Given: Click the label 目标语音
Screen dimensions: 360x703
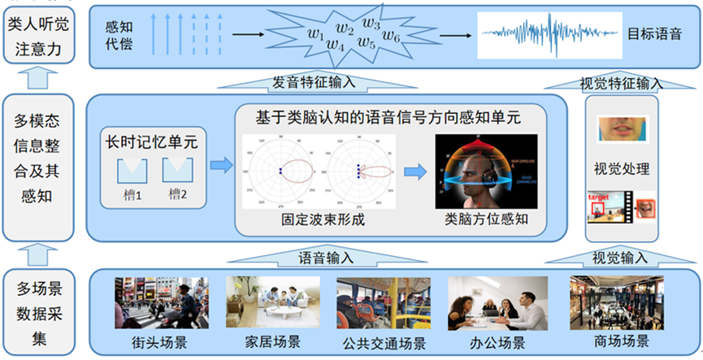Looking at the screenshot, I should [x=654, y=36].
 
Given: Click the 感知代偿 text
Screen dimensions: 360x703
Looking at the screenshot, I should [x=118, y=35].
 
